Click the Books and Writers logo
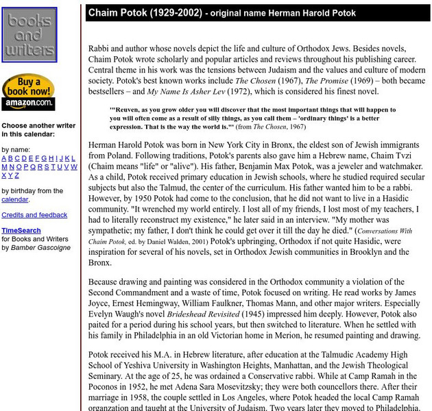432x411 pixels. coord(29,35)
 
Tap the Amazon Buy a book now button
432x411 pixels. coord(28,92)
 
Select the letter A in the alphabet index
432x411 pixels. coord(4,158)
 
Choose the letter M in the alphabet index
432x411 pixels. coord(5,166)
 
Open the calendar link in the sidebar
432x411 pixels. coord(14,199)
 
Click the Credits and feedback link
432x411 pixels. coord(34,215)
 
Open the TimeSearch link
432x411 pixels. coord(21,231)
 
